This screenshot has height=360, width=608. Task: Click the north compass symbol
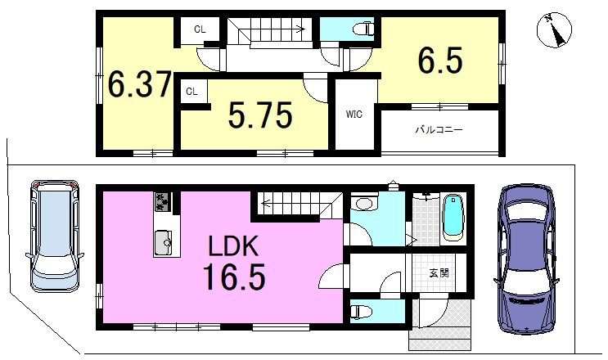click(555, 32)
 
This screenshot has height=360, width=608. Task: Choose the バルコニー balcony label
click(439, 129)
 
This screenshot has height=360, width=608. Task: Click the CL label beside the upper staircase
click(200, 29)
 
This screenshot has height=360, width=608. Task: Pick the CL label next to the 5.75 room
click(191, 92)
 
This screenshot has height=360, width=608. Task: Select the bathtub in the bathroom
click(453, 218)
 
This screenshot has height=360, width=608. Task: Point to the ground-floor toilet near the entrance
click(360, 311)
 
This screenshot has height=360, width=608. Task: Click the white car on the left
click(55, 235)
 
